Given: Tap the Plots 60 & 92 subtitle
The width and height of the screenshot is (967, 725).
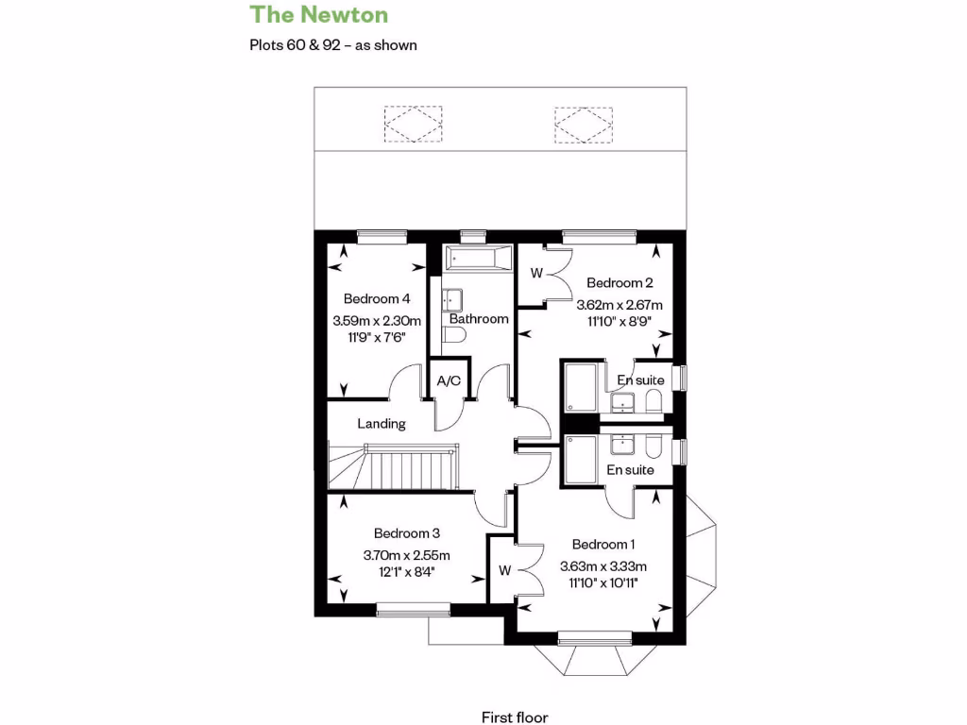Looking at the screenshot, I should (x=332, y=44).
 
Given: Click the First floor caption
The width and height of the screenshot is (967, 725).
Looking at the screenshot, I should (x=515, y=717).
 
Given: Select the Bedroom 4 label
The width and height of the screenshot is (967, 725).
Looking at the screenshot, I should (x=376, y=298).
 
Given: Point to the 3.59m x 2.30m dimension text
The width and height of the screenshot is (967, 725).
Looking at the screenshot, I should (x=376, y=321).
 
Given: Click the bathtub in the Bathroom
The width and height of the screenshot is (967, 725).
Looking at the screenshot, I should (x=478, y=256).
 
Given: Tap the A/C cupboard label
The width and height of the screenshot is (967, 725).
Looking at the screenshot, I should (x=448, y=381).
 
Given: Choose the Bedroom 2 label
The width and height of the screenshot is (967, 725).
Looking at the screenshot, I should (x=619, y=282).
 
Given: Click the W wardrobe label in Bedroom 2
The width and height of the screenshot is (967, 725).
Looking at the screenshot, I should (x=535, y=275).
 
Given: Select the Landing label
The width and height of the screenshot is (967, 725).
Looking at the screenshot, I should (x=382, y=424).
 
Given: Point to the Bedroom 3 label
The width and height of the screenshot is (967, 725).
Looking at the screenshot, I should (x=406, y=532).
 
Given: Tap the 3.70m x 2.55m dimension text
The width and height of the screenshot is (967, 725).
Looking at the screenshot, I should (x=406, y=555).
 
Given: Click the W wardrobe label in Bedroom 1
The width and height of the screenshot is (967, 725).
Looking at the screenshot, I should (x=504, y=570).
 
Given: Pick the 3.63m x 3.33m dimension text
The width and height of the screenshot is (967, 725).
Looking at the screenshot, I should (x=602, y=566).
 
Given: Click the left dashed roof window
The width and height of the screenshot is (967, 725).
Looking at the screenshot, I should (x=413, y=124).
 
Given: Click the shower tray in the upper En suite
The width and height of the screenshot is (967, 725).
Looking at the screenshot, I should (x=580, y=387).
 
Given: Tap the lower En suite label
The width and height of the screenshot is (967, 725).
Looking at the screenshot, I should (x=630, y=469).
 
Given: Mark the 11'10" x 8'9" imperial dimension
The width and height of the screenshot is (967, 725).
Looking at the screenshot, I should (x=619, y=321).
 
